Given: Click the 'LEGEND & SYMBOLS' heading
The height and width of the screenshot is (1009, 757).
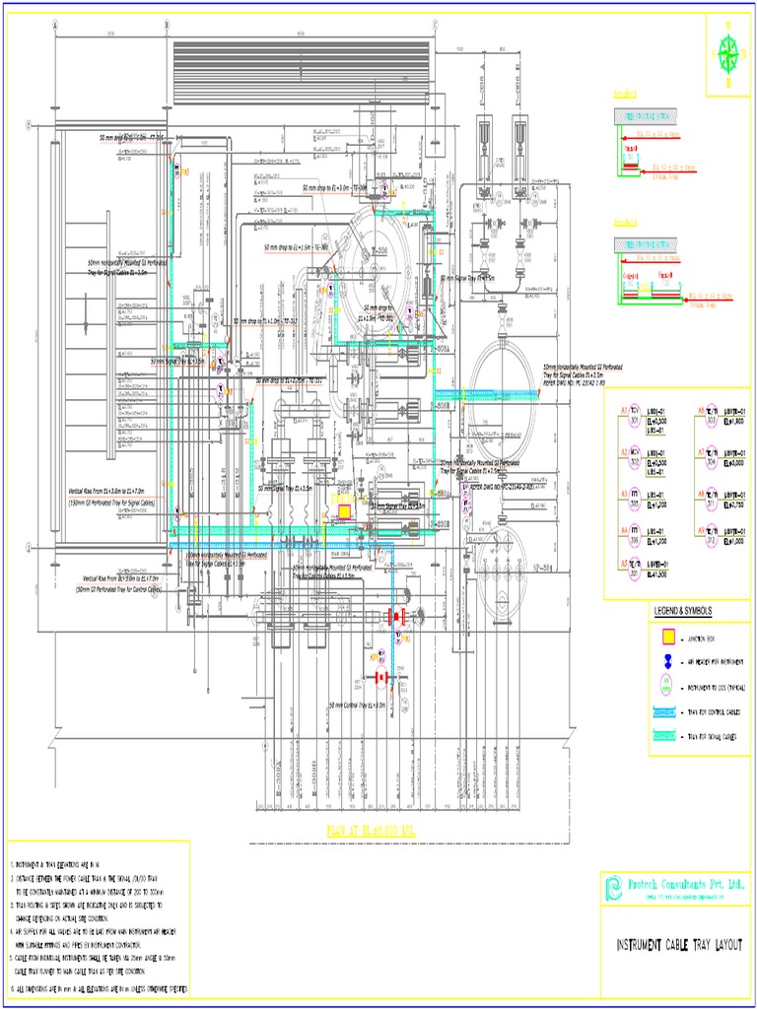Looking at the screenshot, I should pos(682,611).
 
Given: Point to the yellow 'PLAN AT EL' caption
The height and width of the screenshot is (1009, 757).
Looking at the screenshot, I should pos(373,832).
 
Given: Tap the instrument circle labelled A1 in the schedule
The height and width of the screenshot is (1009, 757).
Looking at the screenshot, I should pos(636,415).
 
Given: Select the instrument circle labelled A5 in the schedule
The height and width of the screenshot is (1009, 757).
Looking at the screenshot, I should pos(636,566).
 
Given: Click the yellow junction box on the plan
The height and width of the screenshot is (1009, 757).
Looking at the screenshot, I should pos(345,511).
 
